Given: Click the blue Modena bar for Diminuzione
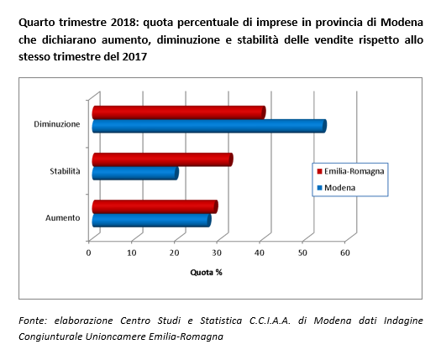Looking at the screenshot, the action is tap(209, 126).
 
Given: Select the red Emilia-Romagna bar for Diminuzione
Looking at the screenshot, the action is tap(179, 112).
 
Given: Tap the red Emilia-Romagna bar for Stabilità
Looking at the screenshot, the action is tap(163, 159).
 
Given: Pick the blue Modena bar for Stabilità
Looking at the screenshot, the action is tap(135, 173).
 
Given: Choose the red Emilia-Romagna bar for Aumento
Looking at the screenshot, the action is tap(155, 206).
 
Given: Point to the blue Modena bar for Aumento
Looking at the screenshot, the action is tap(151, 221).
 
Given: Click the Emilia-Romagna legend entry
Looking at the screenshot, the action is tap(350, 171).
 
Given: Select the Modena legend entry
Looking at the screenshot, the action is tap(336, 187).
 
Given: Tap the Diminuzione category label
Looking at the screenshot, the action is tap(57, 124).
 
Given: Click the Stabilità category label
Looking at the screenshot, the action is tap(65, 171).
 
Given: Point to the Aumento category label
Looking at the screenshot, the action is tap(63, 218).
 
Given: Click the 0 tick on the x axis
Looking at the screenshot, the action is tap(88, 253).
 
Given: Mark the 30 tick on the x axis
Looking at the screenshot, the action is tap(217, 253).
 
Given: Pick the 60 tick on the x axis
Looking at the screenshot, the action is tap(345, 253).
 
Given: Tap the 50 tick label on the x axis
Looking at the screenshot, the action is tap(302, 253).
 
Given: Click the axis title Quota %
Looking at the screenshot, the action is tap(206, 273).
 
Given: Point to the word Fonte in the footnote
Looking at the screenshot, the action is tap(33, 321).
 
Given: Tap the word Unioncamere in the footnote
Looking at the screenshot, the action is tap(115, 337).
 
